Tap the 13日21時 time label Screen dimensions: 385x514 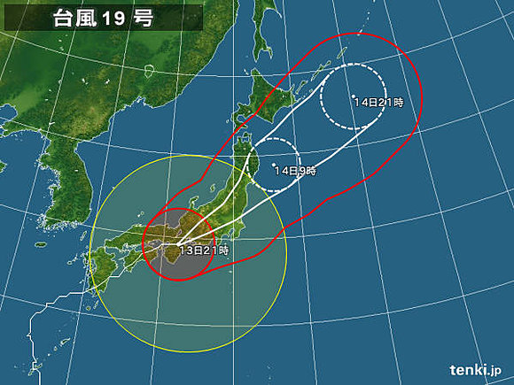pos(204,251)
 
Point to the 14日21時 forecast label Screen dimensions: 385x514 pos(378,104)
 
